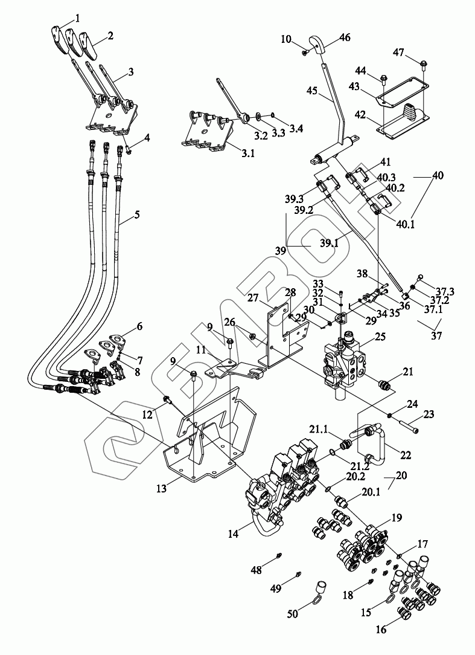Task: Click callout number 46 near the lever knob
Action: (x=345, y=37)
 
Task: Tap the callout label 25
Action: (x=380, y=336)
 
